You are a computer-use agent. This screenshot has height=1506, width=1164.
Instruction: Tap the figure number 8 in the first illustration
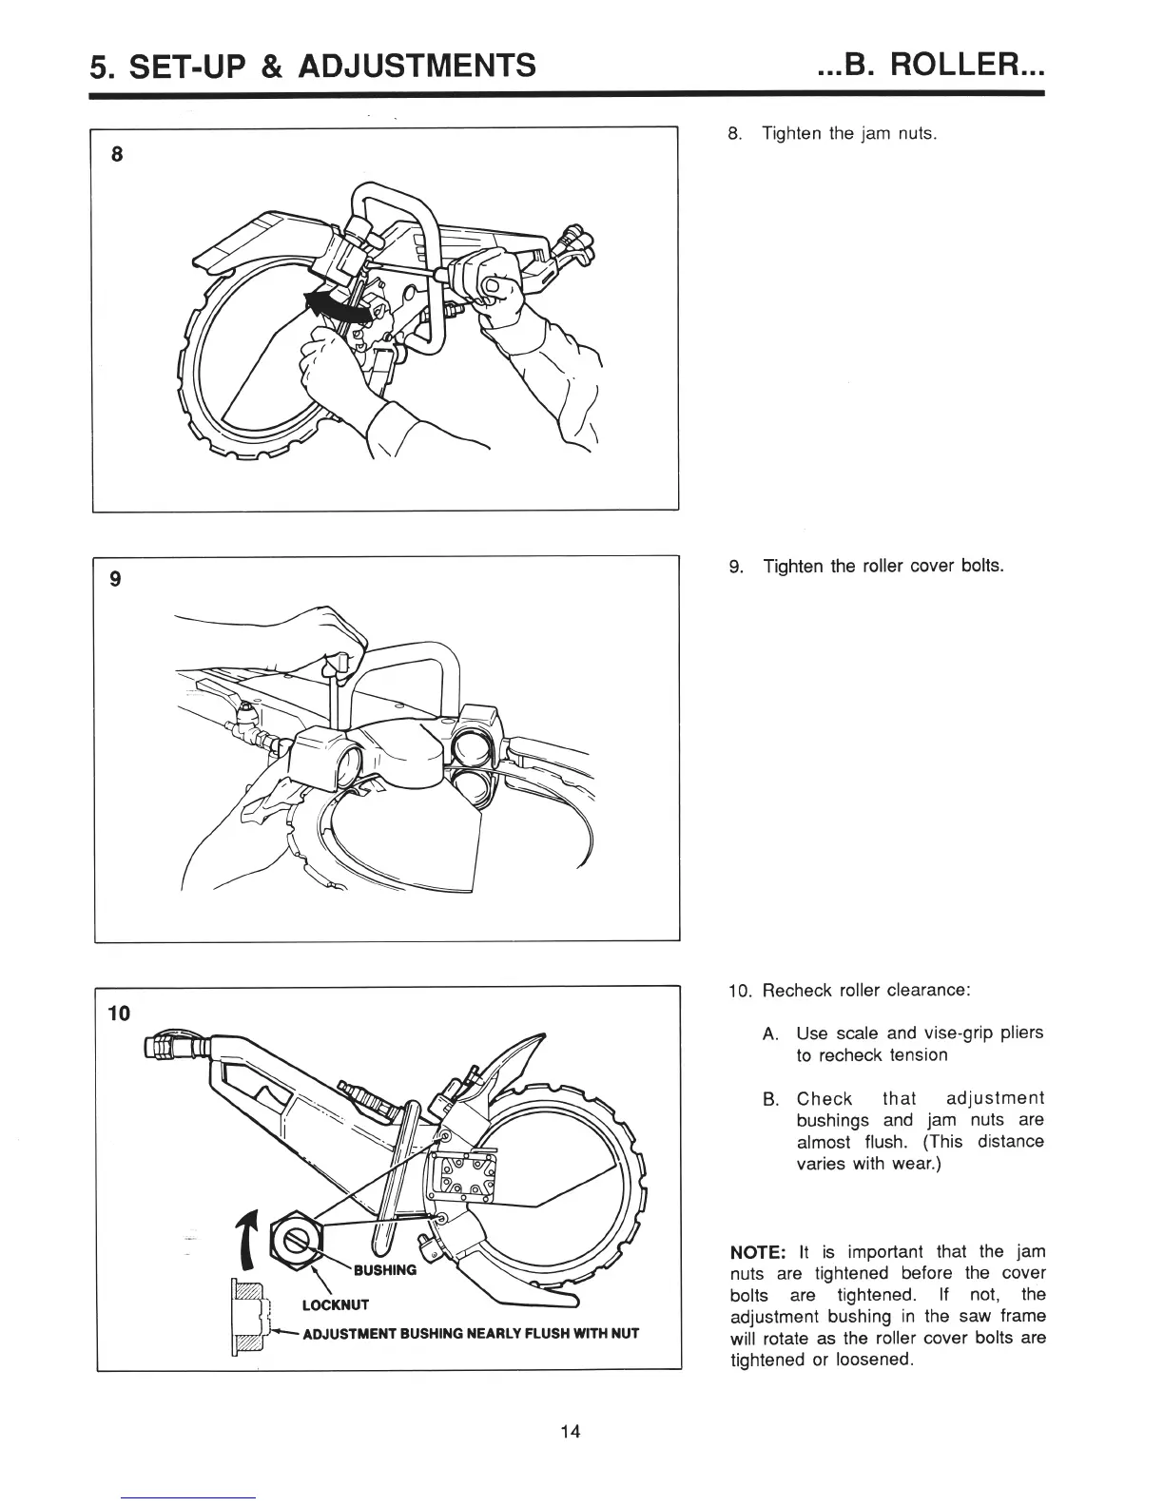[x=116, y=157]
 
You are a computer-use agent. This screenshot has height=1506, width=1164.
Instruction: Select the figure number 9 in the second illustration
[x=116, y=580]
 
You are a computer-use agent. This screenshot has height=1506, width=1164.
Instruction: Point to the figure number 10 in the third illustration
[x=119, y=1012]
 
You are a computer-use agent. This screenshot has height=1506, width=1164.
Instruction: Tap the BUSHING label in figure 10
[x=384, y=1269]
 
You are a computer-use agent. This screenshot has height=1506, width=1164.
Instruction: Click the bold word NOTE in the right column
[x=756, y=1251]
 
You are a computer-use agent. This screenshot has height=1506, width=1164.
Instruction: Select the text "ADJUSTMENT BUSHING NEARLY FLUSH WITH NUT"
[x=470, y=1334]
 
